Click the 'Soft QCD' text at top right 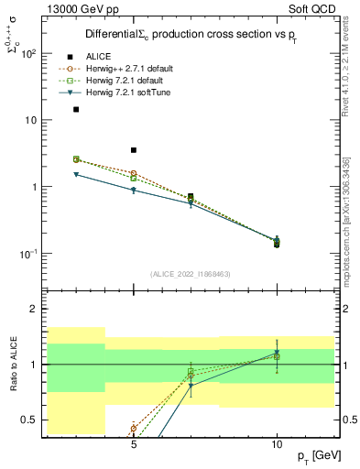[318, 8]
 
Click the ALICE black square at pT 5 [134, 150]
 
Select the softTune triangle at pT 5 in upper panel [134, 190]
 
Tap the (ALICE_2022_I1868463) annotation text [191, 273]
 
